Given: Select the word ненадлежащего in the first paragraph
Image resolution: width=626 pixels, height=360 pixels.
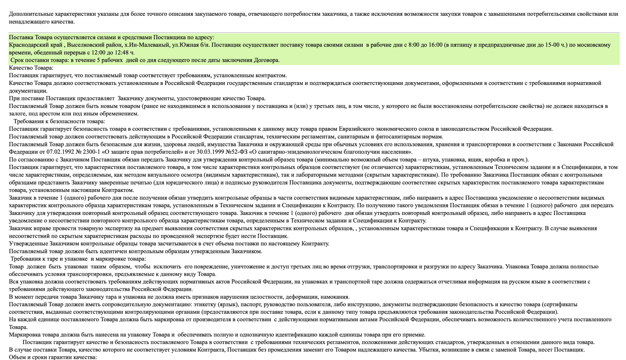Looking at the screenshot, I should pos(27,22).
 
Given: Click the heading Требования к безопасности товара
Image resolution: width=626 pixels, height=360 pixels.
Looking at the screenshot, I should pos(59,121).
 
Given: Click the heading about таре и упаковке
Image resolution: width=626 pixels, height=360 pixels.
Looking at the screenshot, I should pos(78,259).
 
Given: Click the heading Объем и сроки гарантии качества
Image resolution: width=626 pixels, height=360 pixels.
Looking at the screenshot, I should pos(53,357).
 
